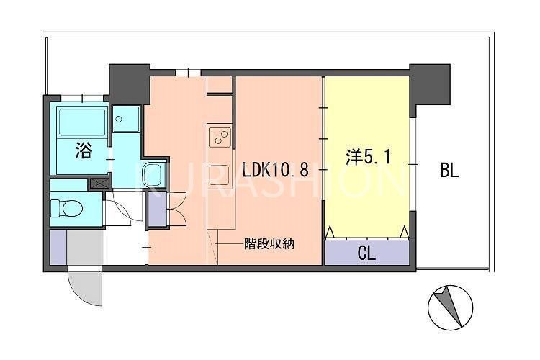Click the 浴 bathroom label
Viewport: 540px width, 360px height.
pyautogui.click(x=84, y=150)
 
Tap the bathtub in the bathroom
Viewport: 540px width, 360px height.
pyautogui.click(x=81, y=122)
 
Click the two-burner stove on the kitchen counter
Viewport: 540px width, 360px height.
pyautogui.click(x=220, y=135)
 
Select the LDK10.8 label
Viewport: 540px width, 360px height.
pyautogui.click(x=275, y=171)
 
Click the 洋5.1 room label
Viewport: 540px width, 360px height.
pyautogui.click(x=368, y=158)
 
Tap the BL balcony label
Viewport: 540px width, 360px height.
pyautogui.click(x=450, y=171)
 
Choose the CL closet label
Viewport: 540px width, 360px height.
pyautogui.click(x=366, y=253)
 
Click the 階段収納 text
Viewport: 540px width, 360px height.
pyautogui.click(x=268, y=243)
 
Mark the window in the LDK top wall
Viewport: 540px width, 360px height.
pyautogui.click(x=188, y=72)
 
